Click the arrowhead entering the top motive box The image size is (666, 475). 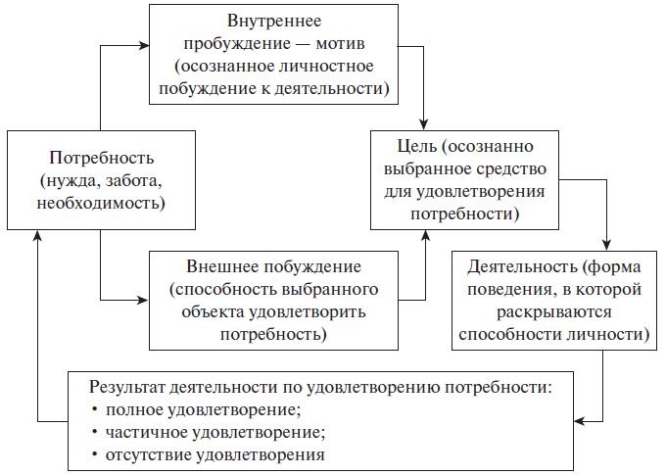click(x=143, y=44)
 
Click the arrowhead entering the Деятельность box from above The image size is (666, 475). click(x=608, y=244)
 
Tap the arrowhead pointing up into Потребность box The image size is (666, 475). click(x=37, y=236)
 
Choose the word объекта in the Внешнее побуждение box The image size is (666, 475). click(x=208, y=312)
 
